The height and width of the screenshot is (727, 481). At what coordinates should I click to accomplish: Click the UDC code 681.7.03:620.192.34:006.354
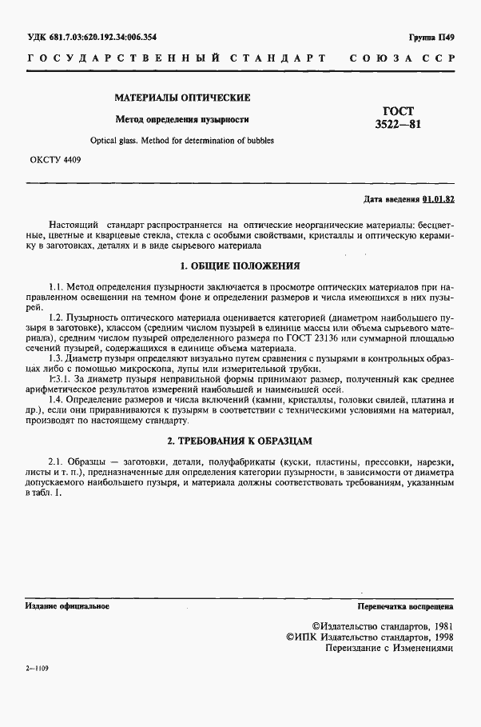click(x=93, y=37)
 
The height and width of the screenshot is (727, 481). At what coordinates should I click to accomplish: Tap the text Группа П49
click(x=431, y=38)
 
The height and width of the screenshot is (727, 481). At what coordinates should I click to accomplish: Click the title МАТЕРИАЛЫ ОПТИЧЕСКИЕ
click(x=183, y=98)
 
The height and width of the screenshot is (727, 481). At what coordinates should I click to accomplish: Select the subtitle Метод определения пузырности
click(x=183, y=119)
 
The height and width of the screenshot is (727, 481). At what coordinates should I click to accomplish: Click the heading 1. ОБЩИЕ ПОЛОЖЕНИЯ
click(x=240, y=265)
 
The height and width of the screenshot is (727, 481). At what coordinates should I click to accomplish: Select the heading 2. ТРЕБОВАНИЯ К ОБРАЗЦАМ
click(x=240, y=440)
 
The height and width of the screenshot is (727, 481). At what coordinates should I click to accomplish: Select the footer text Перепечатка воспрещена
click(x=406, y=606)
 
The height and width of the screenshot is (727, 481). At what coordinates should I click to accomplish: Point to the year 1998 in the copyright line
click(x=438, y=637)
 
